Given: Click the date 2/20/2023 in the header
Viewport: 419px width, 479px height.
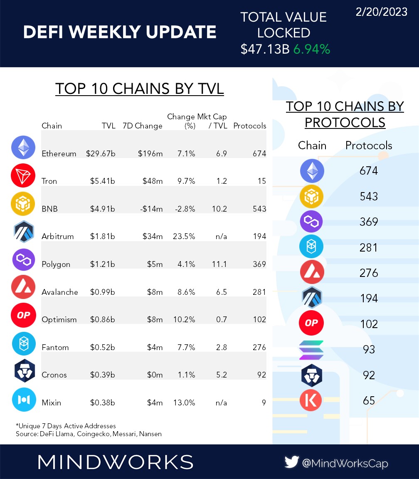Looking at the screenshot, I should tap(381, 12).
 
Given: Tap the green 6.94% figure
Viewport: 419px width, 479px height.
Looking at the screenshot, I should tap(311, 49).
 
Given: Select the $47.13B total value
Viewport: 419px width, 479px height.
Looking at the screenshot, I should tap(265, 49).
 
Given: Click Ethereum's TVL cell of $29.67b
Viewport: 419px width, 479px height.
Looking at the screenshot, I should tap(101, 153).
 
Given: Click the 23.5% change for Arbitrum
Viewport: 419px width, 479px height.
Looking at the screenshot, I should tap(184, 236).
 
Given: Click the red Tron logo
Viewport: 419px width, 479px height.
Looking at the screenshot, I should tap(23, 176).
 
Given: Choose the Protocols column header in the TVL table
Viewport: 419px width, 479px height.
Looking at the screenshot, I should tap(249, 126).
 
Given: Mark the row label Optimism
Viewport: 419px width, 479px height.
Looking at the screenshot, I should tap(59, 319).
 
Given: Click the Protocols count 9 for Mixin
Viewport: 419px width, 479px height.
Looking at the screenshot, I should tap(264, 402).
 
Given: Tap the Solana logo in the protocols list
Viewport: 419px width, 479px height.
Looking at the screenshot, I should tap(311, 350).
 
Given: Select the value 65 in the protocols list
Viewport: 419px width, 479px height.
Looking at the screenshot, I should tap(368, 400).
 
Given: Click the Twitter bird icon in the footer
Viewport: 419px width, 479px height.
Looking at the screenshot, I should tap(292, 462).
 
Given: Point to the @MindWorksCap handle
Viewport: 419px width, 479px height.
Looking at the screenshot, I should tap(345, 463).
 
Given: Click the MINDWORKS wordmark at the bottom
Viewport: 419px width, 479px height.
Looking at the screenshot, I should tap(115, 462).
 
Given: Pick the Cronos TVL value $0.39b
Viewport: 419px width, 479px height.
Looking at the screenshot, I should tap(102, 375).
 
